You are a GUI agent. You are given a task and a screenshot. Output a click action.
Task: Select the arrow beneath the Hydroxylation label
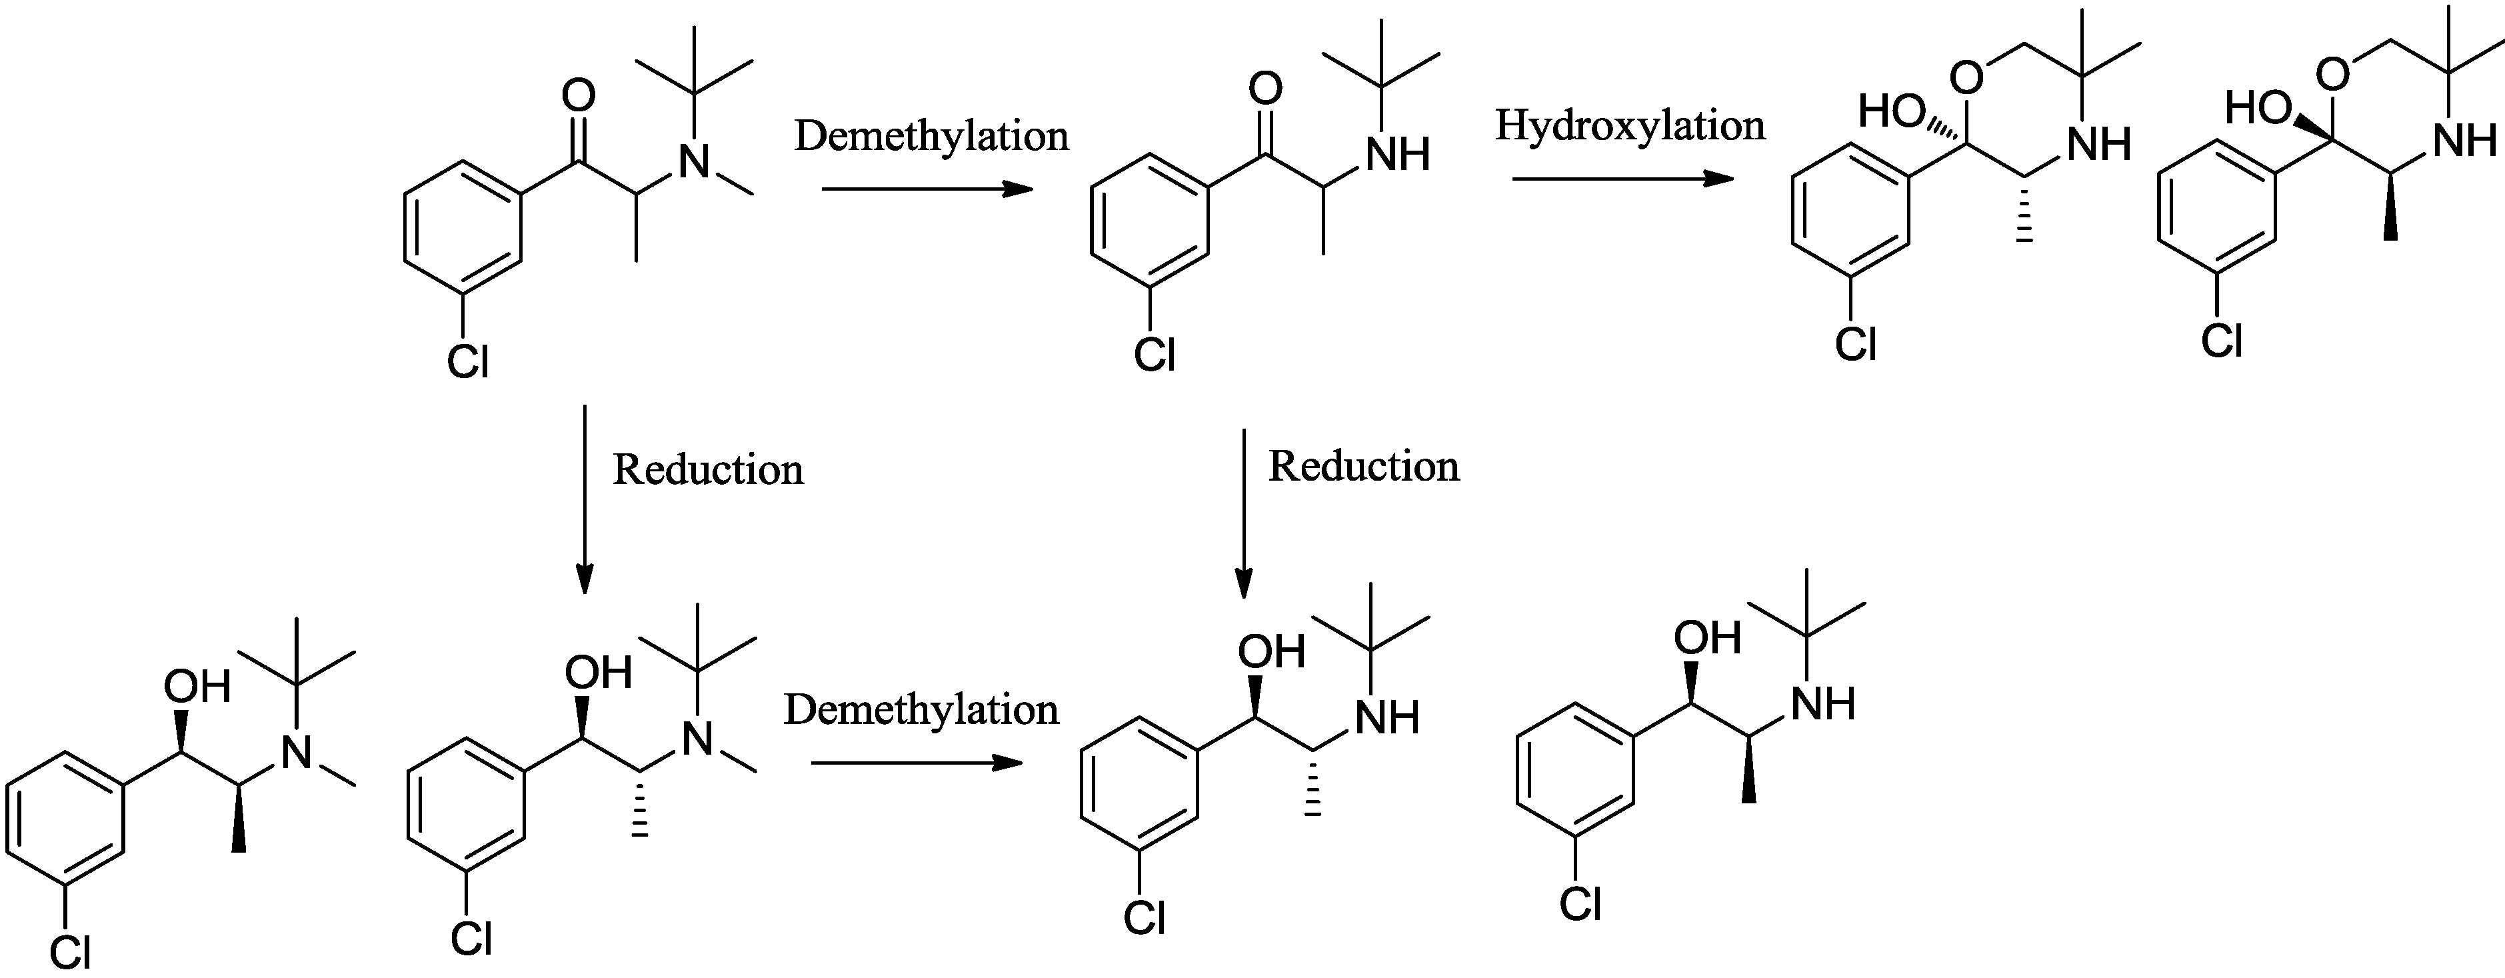click(x=1622, y=179)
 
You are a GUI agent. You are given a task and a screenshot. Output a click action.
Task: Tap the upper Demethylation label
click(x=932, y=136)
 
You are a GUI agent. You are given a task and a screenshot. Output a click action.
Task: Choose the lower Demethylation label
click(x=921, y=711)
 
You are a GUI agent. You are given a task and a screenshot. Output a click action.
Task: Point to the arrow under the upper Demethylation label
click(x=927, y=189)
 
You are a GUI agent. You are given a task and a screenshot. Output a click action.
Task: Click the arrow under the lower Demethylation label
click(x=916, y=763)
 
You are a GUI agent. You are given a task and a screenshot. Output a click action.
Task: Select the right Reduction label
click(x=1363, y=467)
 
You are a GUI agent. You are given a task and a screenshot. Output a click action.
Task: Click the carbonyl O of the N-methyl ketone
click(x=579, y=96)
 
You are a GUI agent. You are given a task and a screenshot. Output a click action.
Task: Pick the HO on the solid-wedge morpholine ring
click(x=2257, y=108)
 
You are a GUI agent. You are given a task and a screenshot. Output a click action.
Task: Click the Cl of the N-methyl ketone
click(x=468, y=363)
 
